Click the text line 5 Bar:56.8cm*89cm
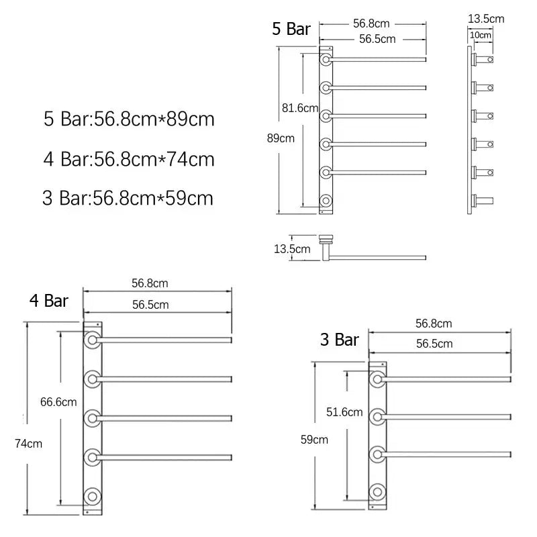129,120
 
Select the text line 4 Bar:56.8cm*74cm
129,160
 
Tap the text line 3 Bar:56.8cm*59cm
128,199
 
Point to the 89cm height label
281,139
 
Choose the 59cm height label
315,440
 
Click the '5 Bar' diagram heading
291,29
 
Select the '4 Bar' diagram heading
49,300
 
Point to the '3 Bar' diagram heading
339,340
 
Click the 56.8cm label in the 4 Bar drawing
150,283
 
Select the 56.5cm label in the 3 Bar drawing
434,344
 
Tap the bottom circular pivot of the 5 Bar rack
325,201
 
